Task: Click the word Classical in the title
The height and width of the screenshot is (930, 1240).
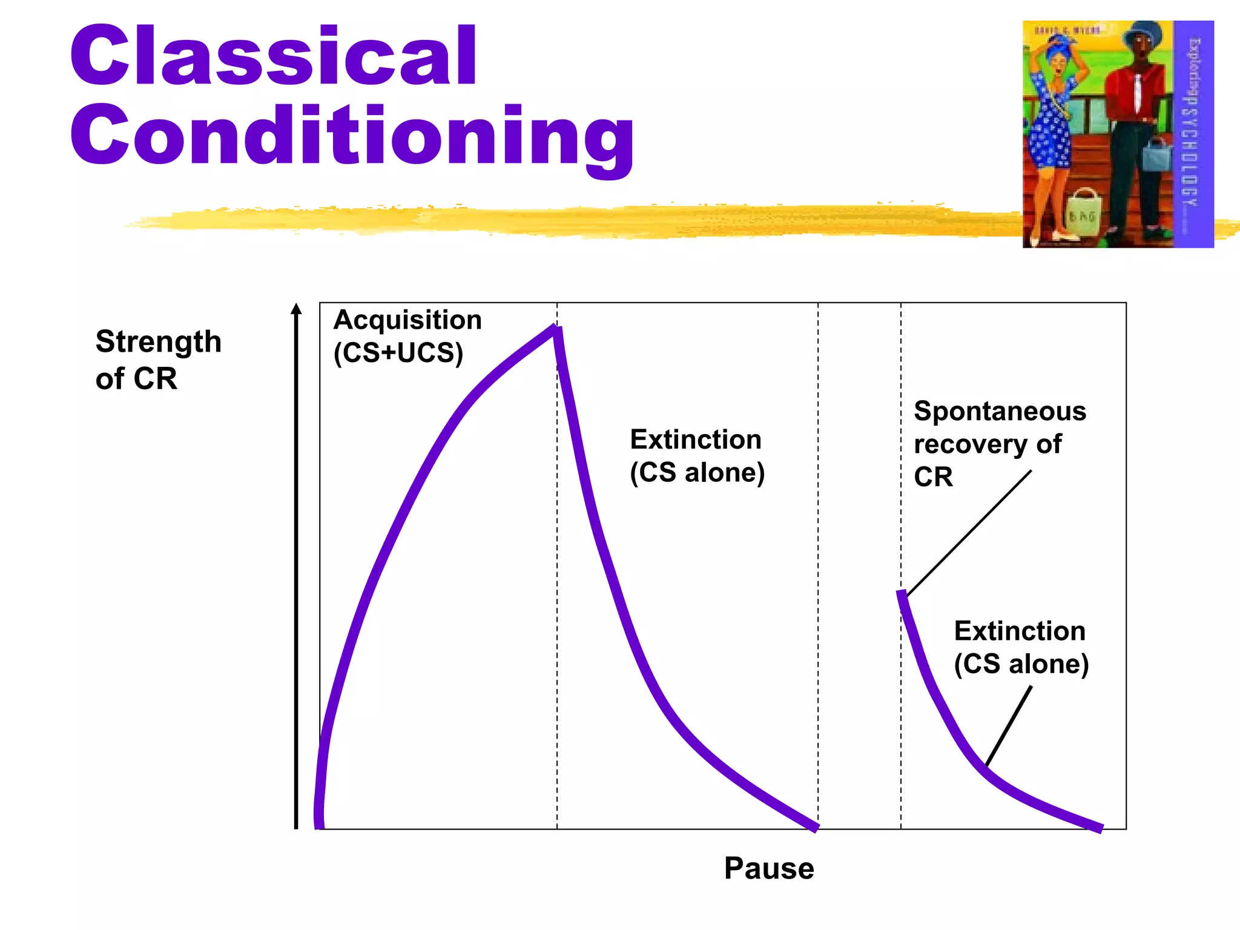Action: pyautogui.click(x=274, y=56)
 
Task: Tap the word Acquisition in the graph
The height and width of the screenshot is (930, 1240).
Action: pyautogui.click(x=407, y=320)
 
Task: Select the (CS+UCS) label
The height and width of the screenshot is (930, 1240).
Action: pyautogui.click(x=398, y=352)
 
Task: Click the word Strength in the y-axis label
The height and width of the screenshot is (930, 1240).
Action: pyautogui.click(x=158, y=342)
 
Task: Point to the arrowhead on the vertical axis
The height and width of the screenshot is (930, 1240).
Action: pyautogui.click(x=296, y=309)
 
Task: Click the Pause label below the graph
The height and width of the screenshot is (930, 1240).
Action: pyautogui.click(x=768, y=868)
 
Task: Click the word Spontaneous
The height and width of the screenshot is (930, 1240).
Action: pyautogui.click(x=1000, y=411)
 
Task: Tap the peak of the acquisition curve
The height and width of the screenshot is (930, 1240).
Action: pyautogui.click(x=555, y=329)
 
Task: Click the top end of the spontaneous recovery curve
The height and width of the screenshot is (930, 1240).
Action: pyautogui.click(x=901, y=594)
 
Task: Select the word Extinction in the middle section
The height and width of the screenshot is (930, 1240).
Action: pyautogui.click(x=695, y=440)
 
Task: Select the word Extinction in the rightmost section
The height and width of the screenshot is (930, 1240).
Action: pyautogui.click(x=1019, y=631)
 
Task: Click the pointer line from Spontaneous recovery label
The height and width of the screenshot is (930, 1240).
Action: pyautogui.click(x=969, y=533)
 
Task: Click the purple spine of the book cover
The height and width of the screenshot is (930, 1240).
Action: pyautogui.click(x=1193, y=133)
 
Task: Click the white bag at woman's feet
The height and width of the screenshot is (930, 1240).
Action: pyautogui.click(x=1083, y=212)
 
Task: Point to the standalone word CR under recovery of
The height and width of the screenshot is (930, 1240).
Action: pyautogui.click(x=933, y=477)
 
